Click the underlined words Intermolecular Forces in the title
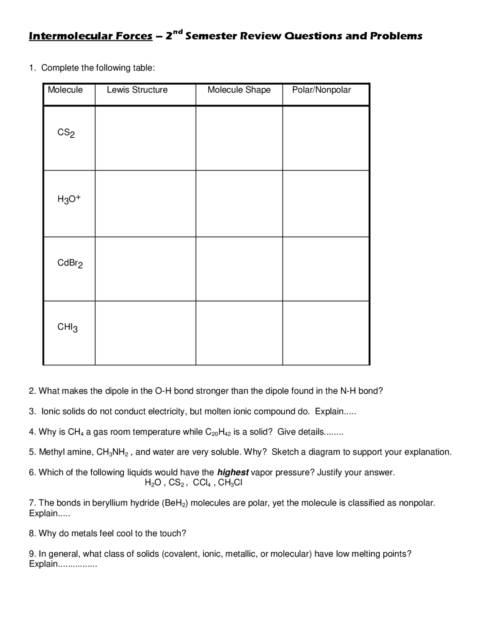tap(91, 36)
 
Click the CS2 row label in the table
tap(66, 133)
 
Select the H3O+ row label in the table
tap(69, 199)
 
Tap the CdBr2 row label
tap(70, 263)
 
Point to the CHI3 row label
tap(68, 327)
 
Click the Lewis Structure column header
tap(137, 90)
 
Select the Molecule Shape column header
tap(239, 90)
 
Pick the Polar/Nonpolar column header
tap(321, 90)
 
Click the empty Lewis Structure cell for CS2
tap(145, 138)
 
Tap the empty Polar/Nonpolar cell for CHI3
tap(326, 333)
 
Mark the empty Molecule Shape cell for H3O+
tap(239, 204)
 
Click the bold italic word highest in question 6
tap(233, 472)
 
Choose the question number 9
tap(32, 554)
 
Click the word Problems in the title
tap(396, 36)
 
